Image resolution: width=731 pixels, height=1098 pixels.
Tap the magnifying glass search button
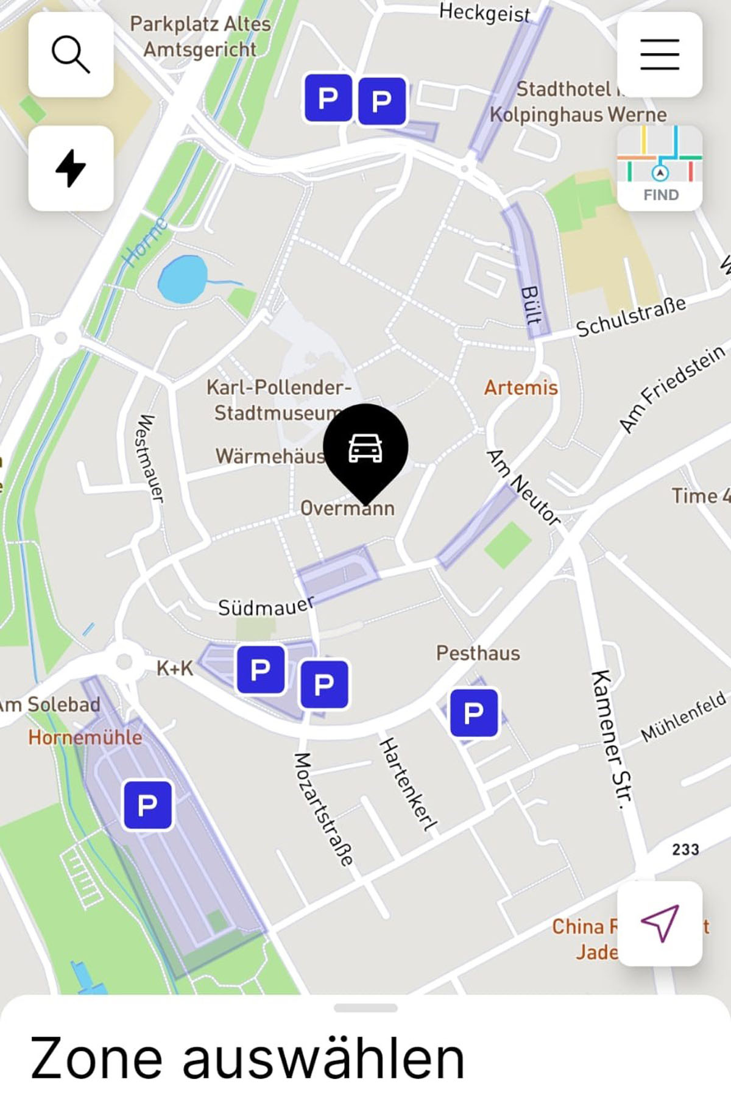tap(71, 54)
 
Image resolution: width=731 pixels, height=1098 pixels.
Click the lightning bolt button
tap(71, 168)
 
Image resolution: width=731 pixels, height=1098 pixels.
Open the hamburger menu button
tap(659, 54)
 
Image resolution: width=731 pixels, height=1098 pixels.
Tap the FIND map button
tap(659, 168)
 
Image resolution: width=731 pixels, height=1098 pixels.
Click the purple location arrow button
tap(659, 923)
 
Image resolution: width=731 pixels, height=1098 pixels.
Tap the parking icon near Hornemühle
tap(147, 806)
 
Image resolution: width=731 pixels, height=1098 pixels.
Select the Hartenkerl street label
tap(408, 784)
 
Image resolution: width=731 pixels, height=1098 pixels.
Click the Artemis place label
tap(521, 388)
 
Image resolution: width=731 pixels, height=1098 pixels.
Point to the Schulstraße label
tap(630, 316)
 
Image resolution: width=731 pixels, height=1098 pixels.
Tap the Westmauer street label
tap(149, 458)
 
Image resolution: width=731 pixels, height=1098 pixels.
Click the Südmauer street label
tap(266, 607)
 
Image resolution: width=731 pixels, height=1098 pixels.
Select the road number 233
tap(685, 849)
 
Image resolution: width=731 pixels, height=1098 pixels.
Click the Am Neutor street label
tap(523, 487)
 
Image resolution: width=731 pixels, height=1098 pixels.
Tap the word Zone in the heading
tap(96, 1059)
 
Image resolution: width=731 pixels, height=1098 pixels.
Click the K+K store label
tap(175, 668)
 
